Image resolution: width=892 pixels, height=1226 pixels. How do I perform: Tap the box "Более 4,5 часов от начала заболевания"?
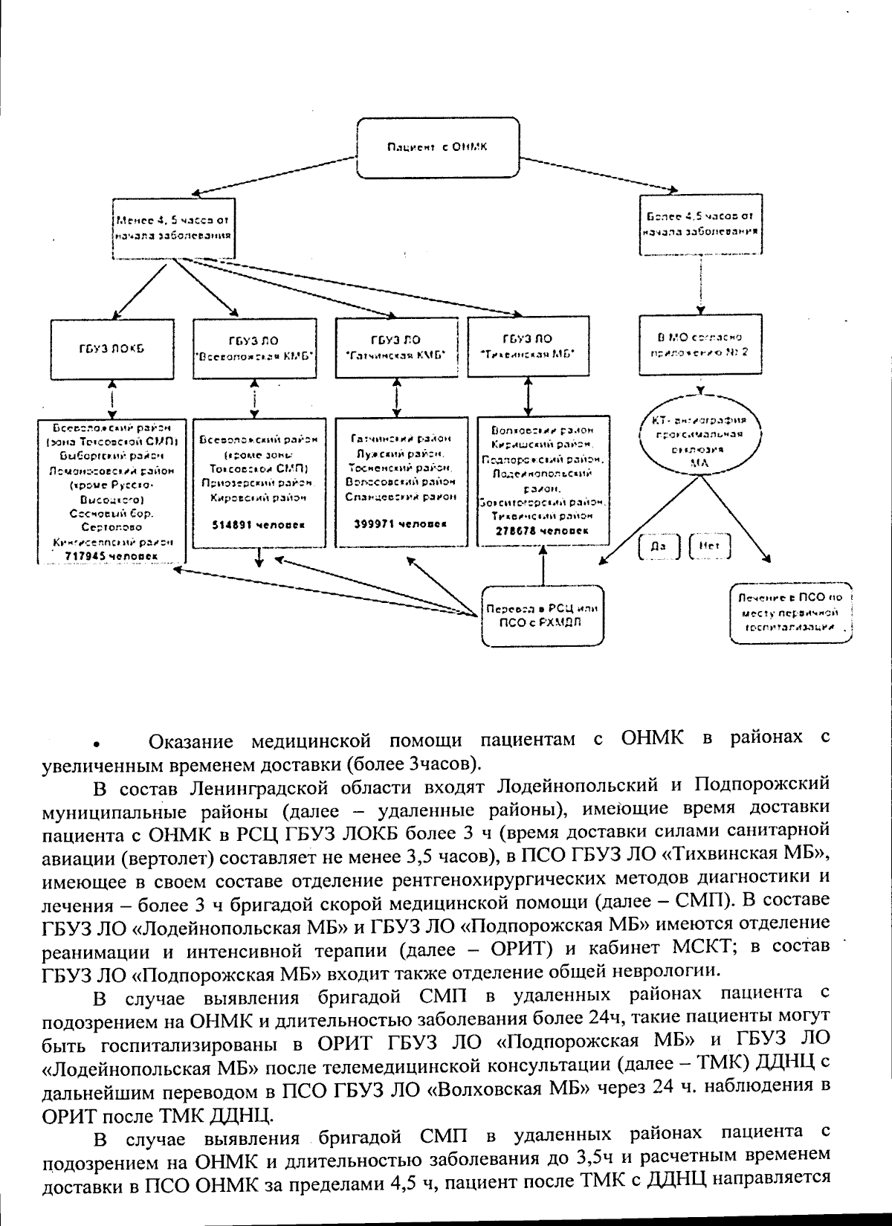[699, 224]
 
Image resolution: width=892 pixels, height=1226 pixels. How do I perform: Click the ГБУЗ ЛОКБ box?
[112, 349]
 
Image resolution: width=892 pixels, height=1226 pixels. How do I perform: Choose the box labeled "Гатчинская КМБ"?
[395, 348]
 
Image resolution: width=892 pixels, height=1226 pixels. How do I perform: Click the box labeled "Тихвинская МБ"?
[528, 346]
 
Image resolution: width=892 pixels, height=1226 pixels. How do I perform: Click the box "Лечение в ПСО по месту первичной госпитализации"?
[789, 612]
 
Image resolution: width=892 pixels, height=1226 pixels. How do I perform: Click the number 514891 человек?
[256, 524]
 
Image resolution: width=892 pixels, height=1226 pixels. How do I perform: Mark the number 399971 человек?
[397, 523]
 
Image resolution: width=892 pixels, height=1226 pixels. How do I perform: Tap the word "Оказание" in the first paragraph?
[191, 741]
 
